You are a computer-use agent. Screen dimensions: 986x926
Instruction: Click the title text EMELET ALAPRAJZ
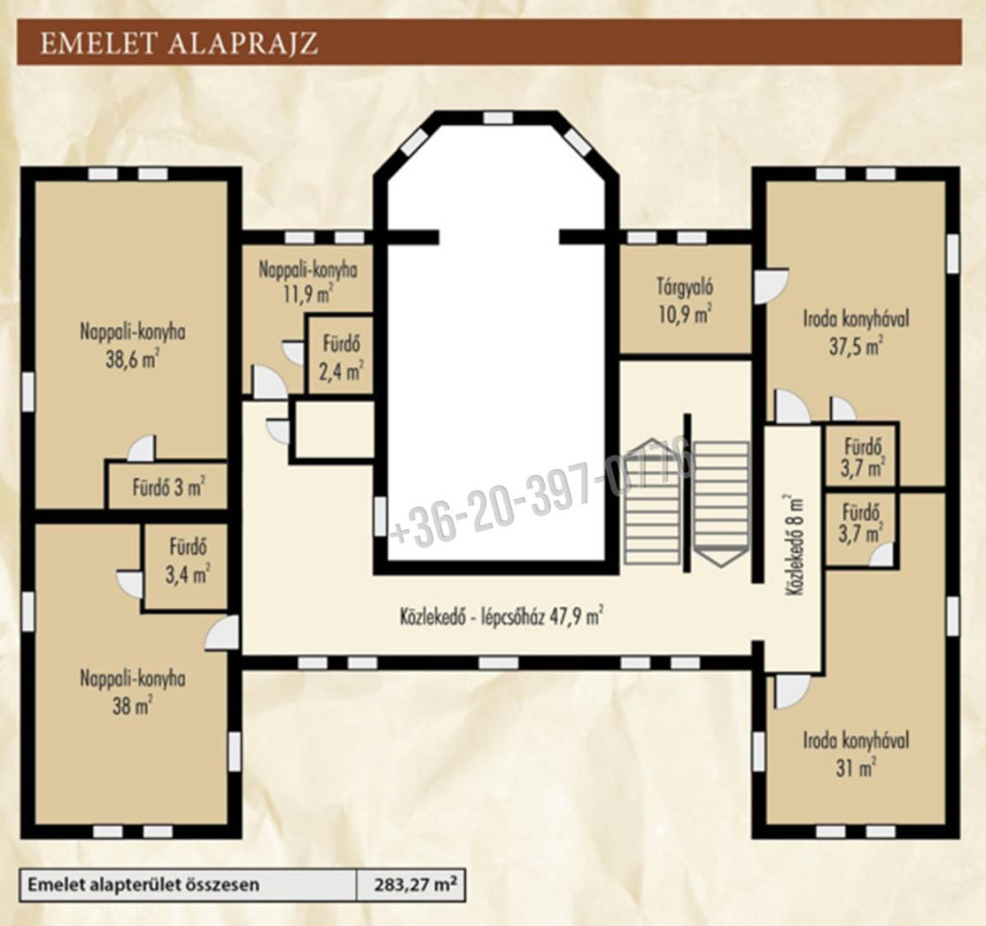tap(178, 42)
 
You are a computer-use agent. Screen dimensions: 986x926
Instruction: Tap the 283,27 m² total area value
tap(415, 886)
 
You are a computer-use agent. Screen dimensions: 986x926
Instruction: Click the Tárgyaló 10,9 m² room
tap(686, 299)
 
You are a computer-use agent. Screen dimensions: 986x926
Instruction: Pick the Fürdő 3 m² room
tap(168, 487)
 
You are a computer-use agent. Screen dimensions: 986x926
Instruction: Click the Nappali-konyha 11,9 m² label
tap(308, 282)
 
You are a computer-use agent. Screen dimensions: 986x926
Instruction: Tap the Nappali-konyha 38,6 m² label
tap(132, 345)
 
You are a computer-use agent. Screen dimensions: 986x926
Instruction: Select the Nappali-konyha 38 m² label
tap(132, 691)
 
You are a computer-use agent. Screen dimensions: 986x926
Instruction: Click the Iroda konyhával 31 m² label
tap(856, 753)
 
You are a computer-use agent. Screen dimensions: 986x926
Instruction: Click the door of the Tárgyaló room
tap(770, 286)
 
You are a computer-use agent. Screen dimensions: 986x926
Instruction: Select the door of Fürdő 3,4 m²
tap(131, 583)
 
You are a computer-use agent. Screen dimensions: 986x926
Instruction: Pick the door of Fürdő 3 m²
tap(143, 448)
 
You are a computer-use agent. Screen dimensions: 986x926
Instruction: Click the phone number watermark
tap(542, 497)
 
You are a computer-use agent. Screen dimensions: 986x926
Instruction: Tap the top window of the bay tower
tap(498, 118)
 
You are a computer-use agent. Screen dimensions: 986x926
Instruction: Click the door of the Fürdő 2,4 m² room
tap(294, 352)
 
